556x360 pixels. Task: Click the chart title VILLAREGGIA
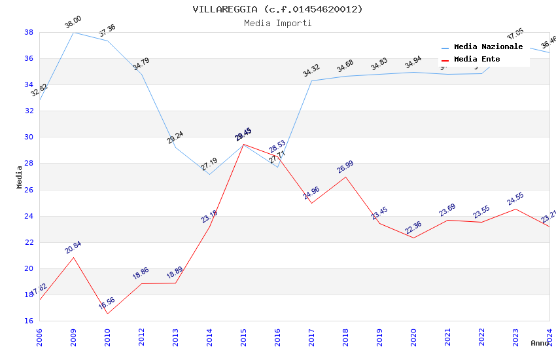pyautogui.click(x=277, y=9)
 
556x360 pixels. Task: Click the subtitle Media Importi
pyautogui.click(x=277, y=23)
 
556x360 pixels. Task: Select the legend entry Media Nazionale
pyautogui.click(x=488, y=47)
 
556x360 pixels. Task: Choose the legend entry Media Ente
pyautogui.click(x=477, y=59)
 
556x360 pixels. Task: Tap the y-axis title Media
pyautogui.click(x=20, y=177)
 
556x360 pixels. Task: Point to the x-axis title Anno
pyautogui.click(x=540, y=343)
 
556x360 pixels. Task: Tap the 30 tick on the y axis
pyautogui.click(x=29, y=137)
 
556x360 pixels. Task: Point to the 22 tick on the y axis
pyautogui.click(x=29, y=242)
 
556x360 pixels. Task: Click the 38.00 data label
pyautogui.click(x=73, y=24)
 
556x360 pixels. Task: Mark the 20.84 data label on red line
pyautogui.click(x=73, y=247)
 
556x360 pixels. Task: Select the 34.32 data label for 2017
pyautogui.click(x=311, y=70)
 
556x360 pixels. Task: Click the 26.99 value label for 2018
pyautogui.click(x=345, y=167)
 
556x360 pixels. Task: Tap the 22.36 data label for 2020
pyautogui.click(x=413, y=227)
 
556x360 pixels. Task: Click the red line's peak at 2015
pyautogui.click(x=243, y=144)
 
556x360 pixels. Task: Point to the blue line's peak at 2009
pyautogui.click(x=73, y=32)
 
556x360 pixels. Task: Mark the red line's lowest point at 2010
pyautogui.click(x=107, y=314)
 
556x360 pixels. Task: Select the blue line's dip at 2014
pyautogui.click(x=209, y=174)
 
